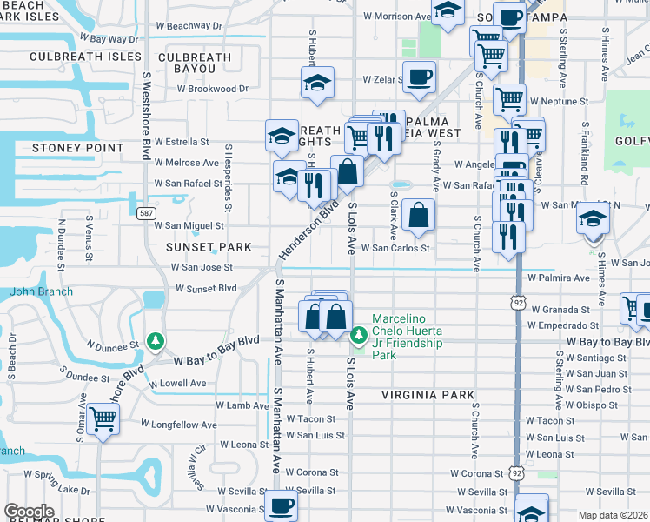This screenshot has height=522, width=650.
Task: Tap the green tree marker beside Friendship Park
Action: tap(358, 335)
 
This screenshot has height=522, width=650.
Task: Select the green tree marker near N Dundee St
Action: tap(156, 340)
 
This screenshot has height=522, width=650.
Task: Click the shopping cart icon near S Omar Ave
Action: tap(103, 419)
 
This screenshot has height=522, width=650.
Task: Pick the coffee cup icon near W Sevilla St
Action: tap(280, 505)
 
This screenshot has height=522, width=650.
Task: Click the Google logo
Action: tap(29, 512)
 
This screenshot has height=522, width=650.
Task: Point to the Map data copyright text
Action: tap(614, 515)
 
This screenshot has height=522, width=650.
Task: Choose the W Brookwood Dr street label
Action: tap(213, 89)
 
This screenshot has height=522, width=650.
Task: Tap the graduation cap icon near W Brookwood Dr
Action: tap(318, 83)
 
